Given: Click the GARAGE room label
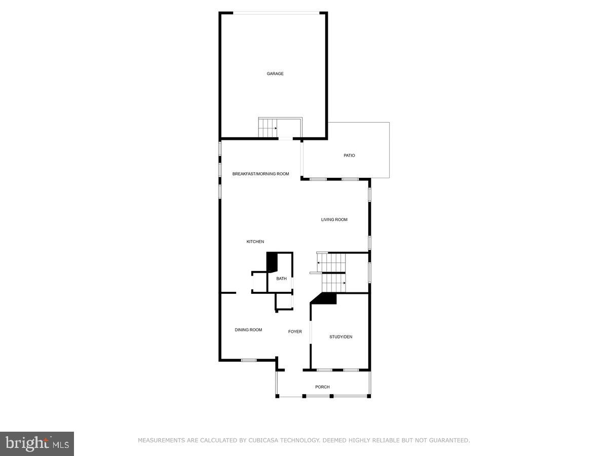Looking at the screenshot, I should pyautogui.click(x=275, y=74).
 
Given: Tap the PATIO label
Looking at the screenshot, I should pyautogui.click(x=349, y=156).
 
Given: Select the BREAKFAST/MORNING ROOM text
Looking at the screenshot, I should pyautogui.click(x=260, y=174).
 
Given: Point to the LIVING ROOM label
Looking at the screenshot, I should pyautogui.click(x=334, y=220).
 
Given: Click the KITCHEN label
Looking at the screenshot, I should pyautogui.click(x=255, y=242).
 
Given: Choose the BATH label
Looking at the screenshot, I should pyautogui.click(x=281, y=279).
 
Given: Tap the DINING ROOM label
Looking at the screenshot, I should pyautogui.click(x=248, y=330).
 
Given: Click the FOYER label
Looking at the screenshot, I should pyautogui.click(x=295, y=332).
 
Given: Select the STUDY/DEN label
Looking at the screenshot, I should pyautogui.click(x=340, y=337).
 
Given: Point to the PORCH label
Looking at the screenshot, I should pyautogui.click(x=322, y=387).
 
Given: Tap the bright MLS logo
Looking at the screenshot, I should pyautogui.click(x=37, y=444).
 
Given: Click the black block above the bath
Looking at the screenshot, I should pyautogui.click(x=272, y=262).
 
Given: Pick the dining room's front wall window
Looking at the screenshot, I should pyautogui.click(x=248, y=360).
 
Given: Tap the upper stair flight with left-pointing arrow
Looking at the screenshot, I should pyautogui.click(x=332, y=262).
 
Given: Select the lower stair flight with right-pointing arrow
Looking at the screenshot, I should pyautogui.click(x=333, y=283).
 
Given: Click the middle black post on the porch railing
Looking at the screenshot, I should pyautogui.click(x=331, y=396).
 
